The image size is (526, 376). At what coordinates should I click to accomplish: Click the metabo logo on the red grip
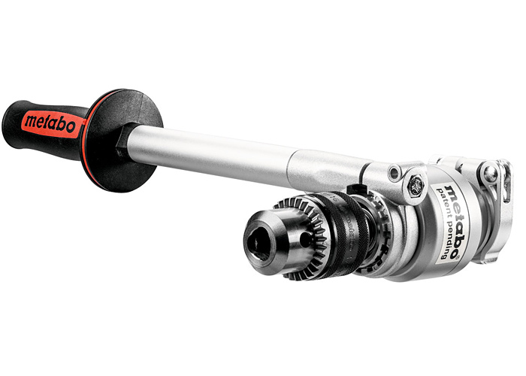(x=50, y=122)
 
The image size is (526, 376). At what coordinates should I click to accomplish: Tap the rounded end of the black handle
(x=11, y=119)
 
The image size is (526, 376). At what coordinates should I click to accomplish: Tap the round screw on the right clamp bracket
(x=490, y=174)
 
